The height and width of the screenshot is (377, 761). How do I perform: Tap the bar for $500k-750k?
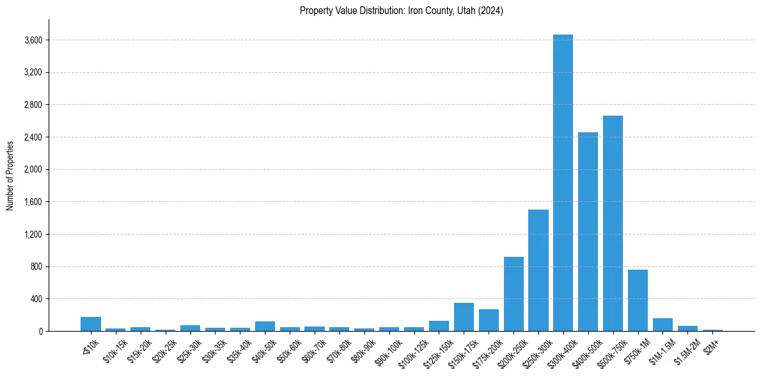[613, 223]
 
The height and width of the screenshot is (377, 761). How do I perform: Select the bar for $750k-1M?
[638, 300]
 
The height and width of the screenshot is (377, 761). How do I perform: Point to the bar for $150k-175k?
[464, 317]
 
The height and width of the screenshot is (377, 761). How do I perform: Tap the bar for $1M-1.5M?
[663, 325]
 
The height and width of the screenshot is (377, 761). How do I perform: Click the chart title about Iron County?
[402, 11]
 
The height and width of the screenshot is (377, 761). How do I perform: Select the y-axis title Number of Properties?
[10, 175]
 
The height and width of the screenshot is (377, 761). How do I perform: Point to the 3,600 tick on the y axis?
[33, 40]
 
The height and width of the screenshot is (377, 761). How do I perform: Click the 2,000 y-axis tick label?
[33, 170]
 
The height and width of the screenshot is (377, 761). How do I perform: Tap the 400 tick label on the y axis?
[36, 299]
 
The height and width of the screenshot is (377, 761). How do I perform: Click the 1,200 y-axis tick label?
[33, 235]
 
